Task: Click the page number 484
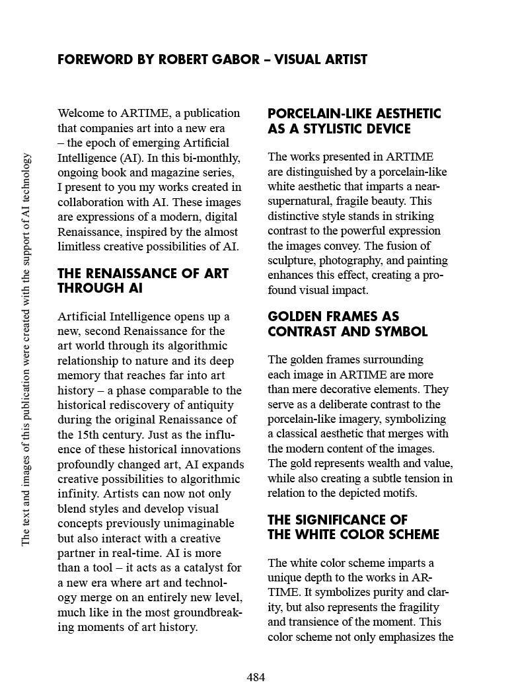click(256, 677)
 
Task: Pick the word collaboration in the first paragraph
click(91, 202)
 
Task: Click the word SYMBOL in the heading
click(402, 332)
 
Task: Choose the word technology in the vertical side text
click(26, 181)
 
